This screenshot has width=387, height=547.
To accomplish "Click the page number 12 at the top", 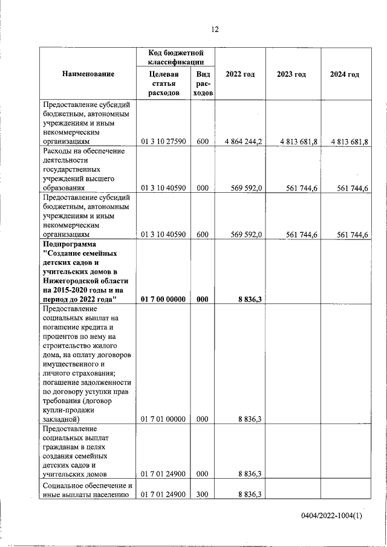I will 215,30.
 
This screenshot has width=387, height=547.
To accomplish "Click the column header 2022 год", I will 239,74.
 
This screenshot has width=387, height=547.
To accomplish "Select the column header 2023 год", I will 291,74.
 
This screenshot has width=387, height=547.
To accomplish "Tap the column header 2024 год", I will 345,74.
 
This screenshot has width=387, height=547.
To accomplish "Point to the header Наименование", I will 88,74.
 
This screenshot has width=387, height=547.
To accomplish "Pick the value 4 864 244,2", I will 242,142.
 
